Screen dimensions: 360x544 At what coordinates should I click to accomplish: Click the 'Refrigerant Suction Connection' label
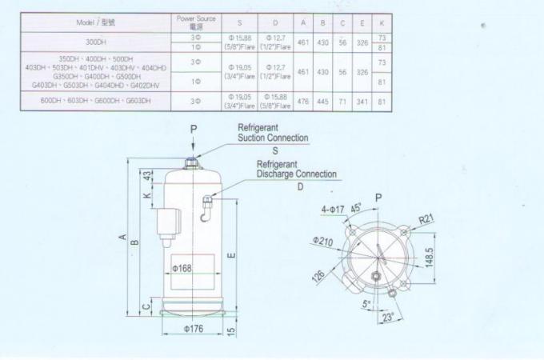pyautogui.click(x=272, y=133)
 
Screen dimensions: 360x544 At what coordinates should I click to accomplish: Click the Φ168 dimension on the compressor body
pyautogui.click(x=182, y=269)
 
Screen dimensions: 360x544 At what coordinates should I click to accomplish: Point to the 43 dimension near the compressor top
pyautogui.click(x=147, y=174)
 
